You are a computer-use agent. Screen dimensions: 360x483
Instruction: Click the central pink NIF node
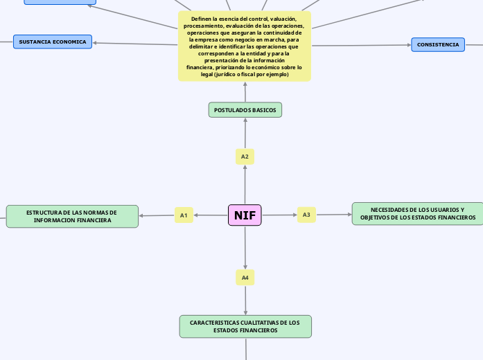(x=245, y=215)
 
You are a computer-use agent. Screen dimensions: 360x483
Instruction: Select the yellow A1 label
(x=184, y=215)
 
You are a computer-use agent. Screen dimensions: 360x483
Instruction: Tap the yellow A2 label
(x=245, y=156)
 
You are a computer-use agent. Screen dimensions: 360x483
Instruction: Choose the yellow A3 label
(x=306, y=215)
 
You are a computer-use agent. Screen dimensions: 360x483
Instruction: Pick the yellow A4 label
(x=245, y=278)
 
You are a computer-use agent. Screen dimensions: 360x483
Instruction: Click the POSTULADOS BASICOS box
(x=245, y=110)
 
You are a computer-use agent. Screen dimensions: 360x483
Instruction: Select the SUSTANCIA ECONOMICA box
(x=53, y=42)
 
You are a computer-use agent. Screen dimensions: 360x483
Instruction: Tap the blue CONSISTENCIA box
(x=437, y=44)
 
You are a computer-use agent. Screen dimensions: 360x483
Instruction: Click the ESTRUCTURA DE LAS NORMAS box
(x=72, y=216)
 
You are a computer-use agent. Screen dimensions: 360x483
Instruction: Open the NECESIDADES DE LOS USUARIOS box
(x=418, y=214)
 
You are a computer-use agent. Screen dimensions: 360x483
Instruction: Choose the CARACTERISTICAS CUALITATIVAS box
(x=245, y=327)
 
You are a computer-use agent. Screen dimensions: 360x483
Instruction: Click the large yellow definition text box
(x=245, y=46)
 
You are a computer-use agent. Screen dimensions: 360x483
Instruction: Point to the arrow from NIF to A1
(x=211, y=215)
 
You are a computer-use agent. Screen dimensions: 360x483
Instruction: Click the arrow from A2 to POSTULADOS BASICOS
(x=245, y=133)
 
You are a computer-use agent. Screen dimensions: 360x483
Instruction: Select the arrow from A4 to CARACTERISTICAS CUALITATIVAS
(x=245, y=300)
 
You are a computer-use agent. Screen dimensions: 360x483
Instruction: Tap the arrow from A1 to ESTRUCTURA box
(x=157, y=215)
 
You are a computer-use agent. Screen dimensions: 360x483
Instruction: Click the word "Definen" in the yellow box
(x=193, y=18)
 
